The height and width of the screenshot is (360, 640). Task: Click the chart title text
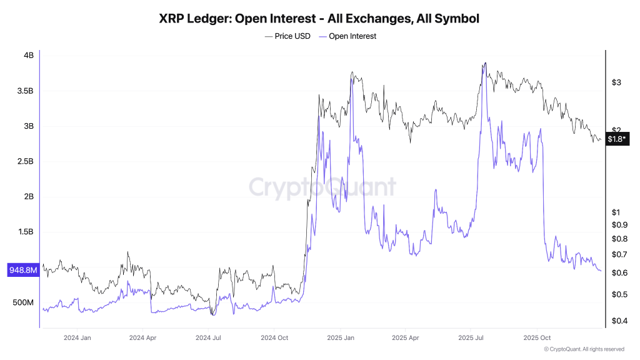[319, 19]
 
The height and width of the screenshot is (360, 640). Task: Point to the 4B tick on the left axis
[29, 56]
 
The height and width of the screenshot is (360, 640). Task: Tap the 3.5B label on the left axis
[25, 91]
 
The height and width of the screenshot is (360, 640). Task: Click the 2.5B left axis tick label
[25, 162]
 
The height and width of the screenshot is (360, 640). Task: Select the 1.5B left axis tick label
[25, 232]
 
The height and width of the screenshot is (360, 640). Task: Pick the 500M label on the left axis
[23, 302]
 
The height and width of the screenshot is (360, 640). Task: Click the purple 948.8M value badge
[23, 271]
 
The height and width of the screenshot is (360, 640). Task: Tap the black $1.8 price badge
[617, 139]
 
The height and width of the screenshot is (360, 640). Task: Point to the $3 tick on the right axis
[616, 82]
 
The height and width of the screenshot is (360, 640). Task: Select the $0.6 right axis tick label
[619, 273]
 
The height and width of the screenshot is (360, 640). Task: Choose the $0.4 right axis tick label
[619, 321]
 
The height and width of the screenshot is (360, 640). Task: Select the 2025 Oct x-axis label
[536, 337]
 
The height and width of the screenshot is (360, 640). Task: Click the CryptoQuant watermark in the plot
[322, 187]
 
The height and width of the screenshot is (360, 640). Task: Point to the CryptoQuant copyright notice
[584, 349]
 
